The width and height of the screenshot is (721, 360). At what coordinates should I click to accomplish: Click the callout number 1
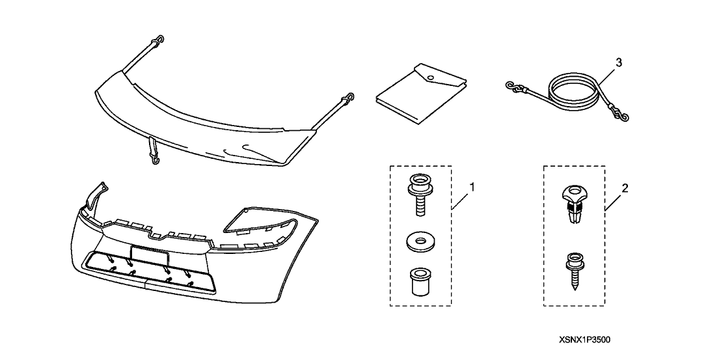point(471,187)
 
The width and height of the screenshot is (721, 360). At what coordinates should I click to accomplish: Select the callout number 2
point(625,187)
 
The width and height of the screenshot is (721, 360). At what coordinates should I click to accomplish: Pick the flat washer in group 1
point(420,242)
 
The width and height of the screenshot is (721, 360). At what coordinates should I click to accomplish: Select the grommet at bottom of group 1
point(420,281)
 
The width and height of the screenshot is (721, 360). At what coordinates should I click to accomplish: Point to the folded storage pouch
point(421,94)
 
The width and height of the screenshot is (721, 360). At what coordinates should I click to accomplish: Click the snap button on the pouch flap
point(430,77)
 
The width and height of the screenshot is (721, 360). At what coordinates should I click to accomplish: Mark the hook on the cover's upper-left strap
point(159,40)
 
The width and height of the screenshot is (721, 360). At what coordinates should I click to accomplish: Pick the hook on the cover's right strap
point(350,98)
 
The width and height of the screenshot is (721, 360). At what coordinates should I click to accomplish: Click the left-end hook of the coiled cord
point(511,86)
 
